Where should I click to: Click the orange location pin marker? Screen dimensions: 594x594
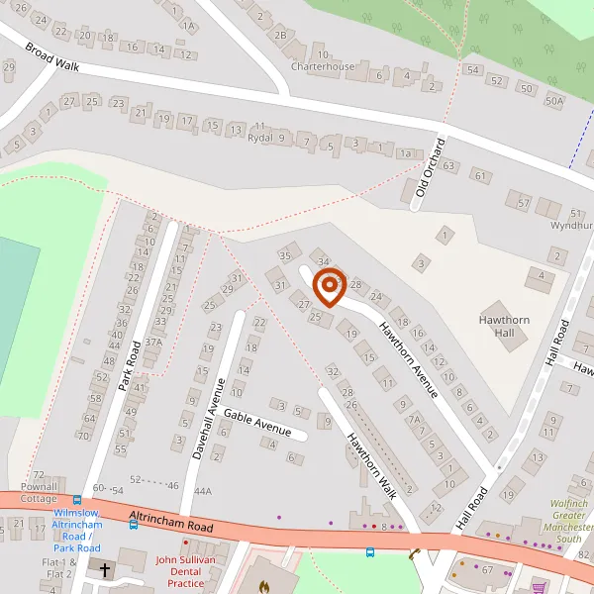coord(329,287)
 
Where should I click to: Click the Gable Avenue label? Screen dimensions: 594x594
coord(256,423)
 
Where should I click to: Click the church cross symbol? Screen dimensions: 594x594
coord(105,570)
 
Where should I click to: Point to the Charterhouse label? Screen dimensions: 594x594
coord(322,67)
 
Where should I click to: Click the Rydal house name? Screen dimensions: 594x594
coord(260,138)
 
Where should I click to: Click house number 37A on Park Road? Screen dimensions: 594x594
coord(152,342)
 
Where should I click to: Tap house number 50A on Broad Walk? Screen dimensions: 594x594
coord(553,100)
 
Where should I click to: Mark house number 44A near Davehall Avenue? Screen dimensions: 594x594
coord(203,491)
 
